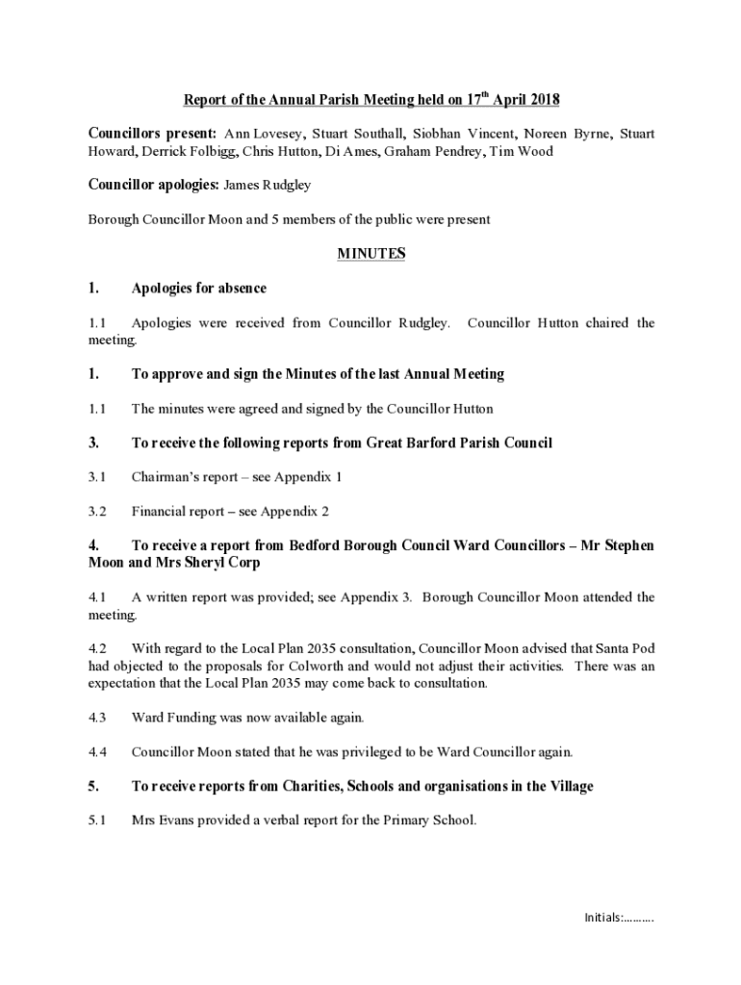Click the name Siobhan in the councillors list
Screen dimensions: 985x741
(440, 134)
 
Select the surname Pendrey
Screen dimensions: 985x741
(455, 151)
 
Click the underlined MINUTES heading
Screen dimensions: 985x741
(370, 254)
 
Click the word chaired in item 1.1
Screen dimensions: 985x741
(610, 323)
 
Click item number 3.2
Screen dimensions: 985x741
(96, 512)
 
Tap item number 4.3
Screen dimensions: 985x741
(96, 718)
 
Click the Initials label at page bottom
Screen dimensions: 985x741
(601, 917)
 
